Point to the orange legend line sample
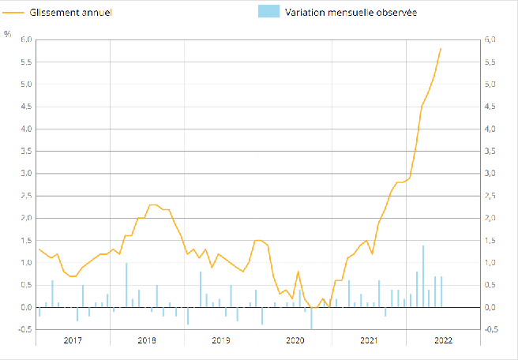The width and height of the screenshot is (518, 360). pos(14,13)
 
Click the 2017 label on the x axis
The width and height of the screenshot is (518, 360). pos(73,340)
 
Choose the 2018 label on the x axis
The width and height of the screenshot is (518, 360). pos(147,340)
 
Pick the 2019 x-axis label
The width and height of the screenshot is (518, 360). pos(221,340)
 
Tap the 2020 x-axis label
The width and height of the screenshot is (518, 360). pos(295,340)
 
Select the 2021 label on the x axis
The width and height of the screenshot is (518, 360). pos(369,340)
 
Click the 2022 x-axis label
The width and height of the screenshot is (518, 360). pos(443,340)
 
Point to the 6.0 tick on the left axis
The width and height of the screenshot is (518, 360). pos(26,39)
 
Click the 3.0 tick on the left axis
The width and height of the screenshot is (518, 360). pos(26,174)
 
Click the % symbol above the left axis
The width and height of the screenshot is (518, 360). pos(7,33)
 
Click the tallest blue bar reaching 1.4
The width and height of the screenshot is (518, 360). pos(422,276)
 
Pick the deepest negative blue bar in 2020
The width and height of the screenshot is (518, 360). pos(311,318)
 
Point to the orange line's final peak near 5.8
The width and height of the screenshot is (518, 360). pos(441,49)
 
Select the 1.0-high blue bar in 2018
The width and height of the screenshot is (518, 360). pos(126,285)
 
